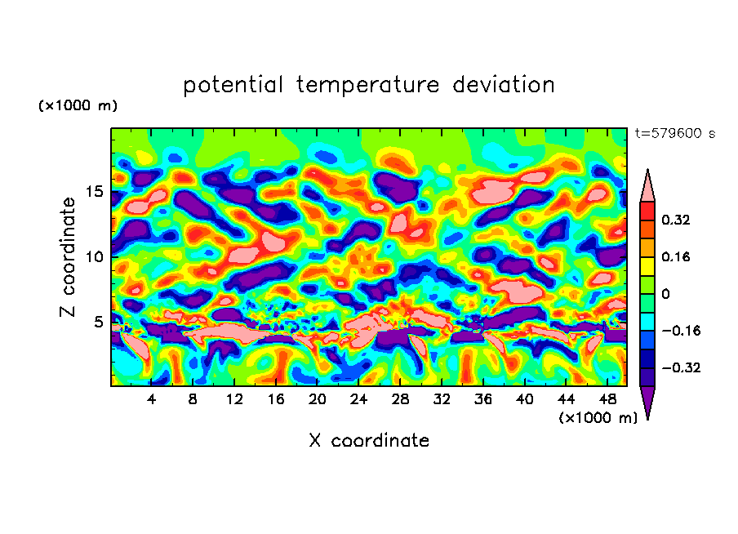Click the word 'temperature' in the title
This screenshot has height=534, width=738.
pyautogui.click(x=362, y=85)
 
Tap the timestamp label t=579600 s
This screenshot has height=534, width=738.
pyautogui.click(x=674, y=134)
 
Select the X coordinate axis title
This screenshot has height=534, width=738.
pyautogui.click(x=369, y=441)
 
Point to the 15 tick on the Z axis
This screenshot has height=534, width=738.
pyautogui.click(x=96, y=192)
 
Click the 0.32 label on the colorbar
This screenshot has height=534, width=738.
pyautogui.click(x=678, y=220)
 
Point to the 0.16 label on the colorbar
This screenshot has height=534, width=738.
pyautogui.click(x=678, y=257)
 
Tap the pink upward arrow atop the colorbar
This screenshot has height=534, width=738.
pyautogui.click(x=647, y=185)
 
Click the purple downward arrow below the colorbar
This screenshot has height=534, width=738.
pyautogui.click(x=647, y=402)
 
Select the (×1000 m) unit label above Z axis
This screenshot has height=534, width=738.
pyautogui.click(x=78, y=106)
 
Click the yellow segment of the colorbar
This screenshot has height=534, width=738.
pyautogui.click(x=647, y=265)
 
